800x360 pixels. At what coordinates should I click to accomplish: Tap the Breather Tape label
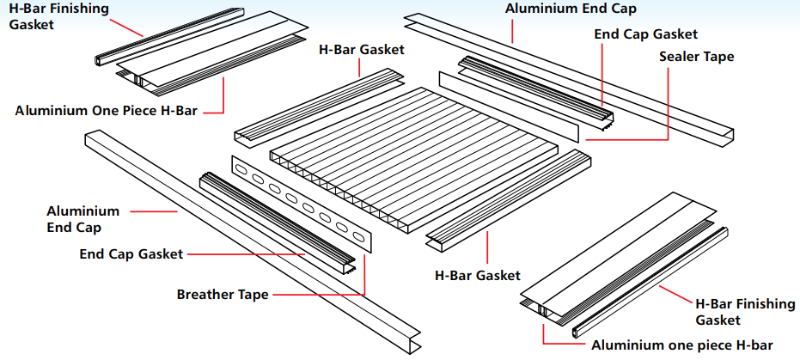point(223,295)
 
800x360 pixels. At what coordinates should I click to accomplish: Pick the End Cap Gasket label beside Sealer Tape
point(645,34)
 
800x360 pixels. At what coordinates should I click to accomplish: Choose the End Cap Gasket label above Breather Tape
point(131,254)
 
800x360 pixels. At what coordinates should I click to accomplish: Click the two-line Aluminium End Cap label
point(83,219)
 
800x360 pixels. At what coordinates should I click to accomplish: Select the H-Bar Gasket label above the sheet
point(361,50)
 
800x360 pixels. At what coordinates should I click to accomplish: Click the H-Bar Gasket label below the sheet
point(478,276)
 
